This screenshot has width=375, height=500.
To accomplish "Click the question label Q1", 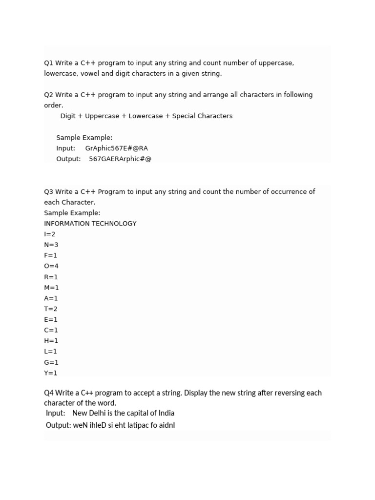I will coord(48,63).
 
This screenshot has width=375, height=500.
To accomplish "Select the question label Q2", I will coord(48,95).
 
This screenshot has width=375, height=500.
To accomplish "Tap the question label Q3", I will coord(48,192).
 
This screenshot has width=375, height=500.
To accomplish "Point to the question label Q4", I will coord(48,393).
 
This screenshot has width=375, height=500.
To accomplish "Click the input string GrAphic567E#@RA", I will coord(116,148).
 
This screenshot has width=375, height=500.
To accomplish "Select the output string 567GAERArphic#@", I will coord(120,159).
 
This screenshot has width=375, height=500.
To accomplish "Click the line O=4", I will coord(51,266).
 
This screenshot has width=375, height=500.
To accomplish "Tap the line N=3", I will coord(51,245).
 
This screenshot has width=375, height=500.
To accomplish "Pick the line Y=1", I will coord(51,373).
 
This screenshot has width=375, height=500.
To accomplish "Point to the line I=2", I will coord(50,234).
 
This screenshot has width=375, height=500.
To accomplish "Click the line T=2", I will coord(51,309).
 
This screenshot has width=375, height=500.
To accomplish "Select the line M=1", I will coord(51,288).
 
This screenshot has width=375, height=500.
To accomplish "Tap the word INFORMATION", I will coord(67,224).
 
